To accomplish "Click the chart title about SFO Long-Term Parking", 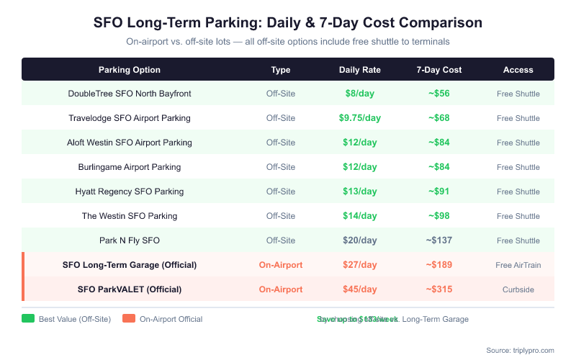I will click(x=288, y=22).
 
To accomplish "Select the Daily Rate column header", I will click(x=360, y=70).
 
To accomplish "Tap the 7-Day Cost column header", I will click(x=439, y=70).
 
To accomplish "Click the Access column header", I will click(x=518, y=70).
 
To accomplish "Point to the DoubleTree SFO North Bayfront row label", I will click(x=130, y=94).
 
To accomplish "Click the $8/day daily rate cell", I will click(x=360, y=94).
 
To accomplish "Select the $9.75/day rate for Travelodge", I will click(x=360, y=118).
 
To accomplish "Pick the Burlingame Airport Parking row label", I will click(x=130, y=167).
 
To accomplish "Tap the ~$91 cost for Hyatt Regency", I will click(x=439, y=192).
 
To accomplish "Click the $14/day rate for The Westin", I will click(x=360, y=216).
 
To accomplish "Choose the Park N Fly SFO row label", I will click(x=130, y=240).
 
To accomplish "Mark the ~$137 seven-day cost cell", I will click(x=439, y=240).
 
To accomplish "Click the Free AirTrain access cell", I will click(x=518, y=265).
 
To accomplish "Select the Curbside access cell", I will click(x=518, y=289).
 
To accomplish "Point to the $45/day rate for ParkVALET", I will click(x=360, y=289).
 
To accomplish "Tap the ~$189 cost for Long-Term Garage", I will click(x=439, y=265).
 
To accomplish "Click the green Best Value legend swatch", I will click(x=28, y=319).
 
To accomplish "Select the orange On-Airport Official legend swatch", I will click(x=129, y=319).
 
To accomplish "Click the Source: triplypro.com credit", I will click(x=520, y=350).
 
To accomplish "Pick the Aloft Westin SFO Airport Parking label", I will click(x=130, y=143).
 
